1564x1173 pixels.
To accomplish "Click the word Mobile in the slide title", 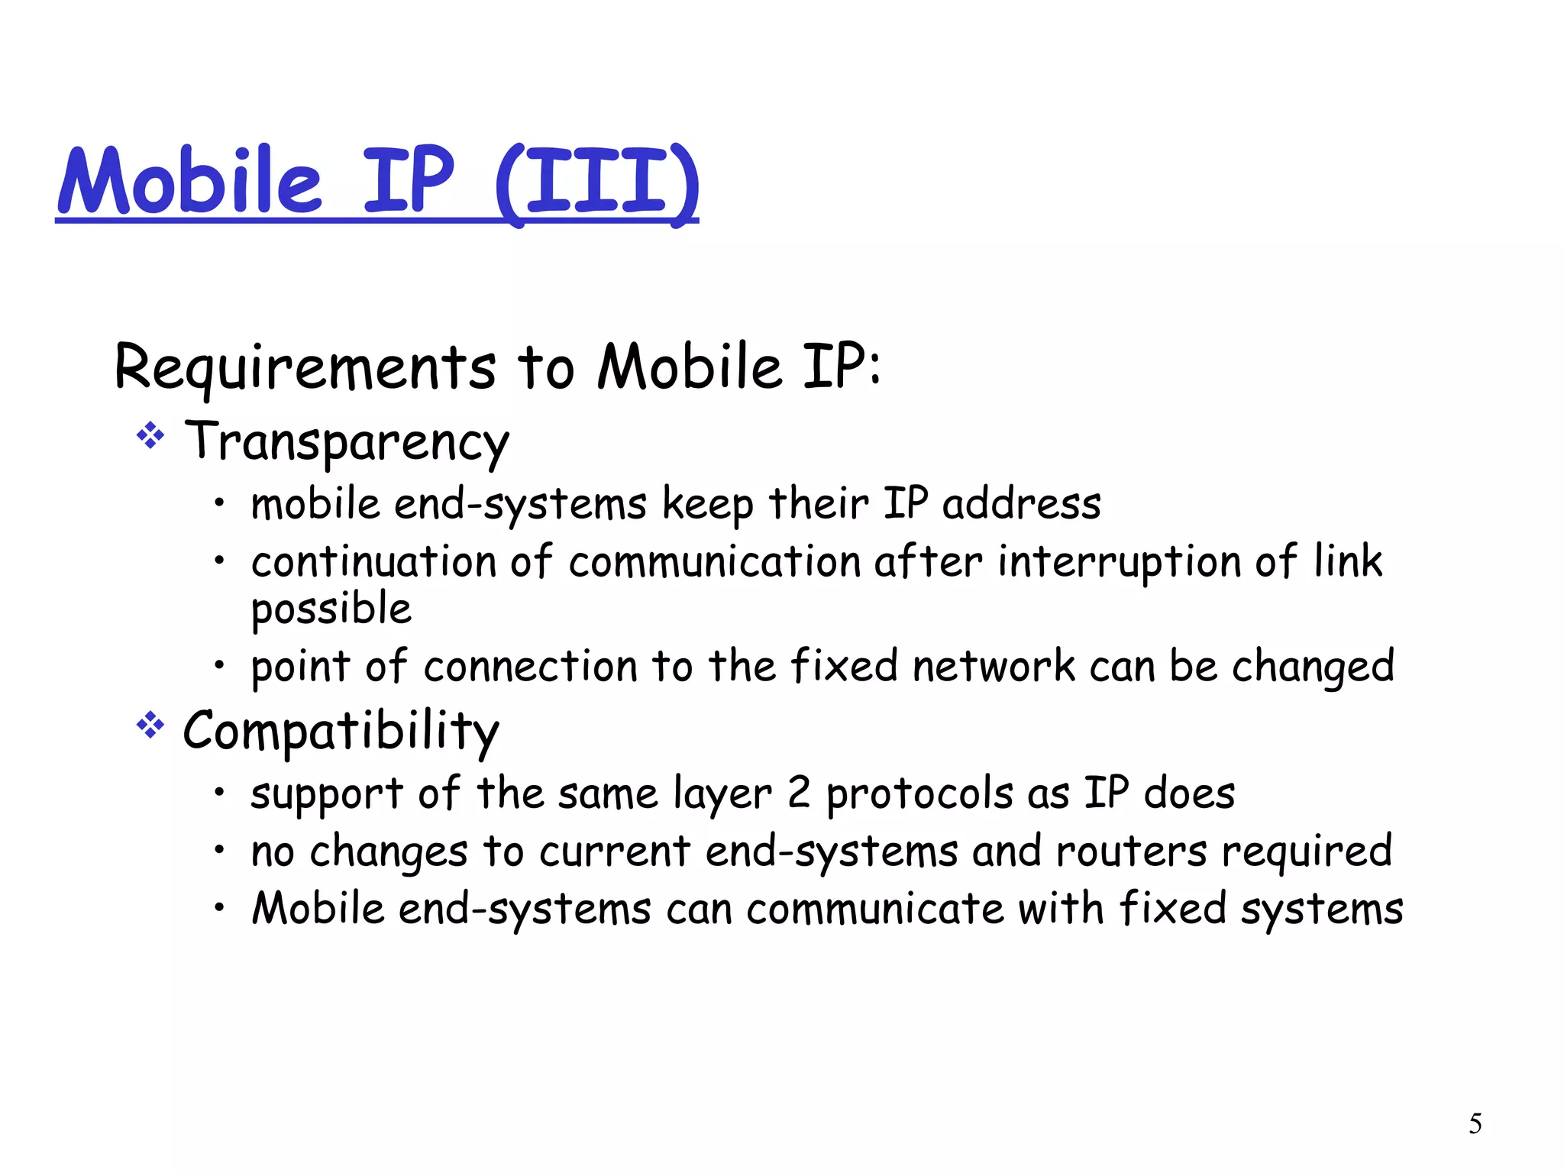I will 190,182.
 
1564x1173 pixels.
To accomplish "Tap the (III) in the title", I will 596,183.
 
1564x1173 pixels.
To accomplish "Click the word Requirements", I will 305,368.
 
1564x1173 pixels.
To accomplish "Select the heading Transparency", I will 347,442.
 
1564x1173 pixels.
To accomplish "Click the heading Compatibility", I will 341,732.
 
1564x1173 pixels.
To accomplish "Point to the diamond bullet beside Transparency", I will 150,436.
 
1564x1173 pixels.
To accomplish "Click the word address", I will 1021,505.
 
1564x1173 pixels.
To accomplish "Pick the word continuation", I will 373,562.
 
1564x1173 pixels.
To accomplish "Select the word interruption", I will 1119,562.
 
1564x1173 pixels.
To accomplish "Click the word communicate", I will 874,910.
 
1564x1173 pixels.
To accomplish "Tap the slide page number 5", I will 1475,1123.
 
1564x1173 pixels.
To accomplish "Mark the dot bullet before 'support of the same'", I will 219,792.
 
